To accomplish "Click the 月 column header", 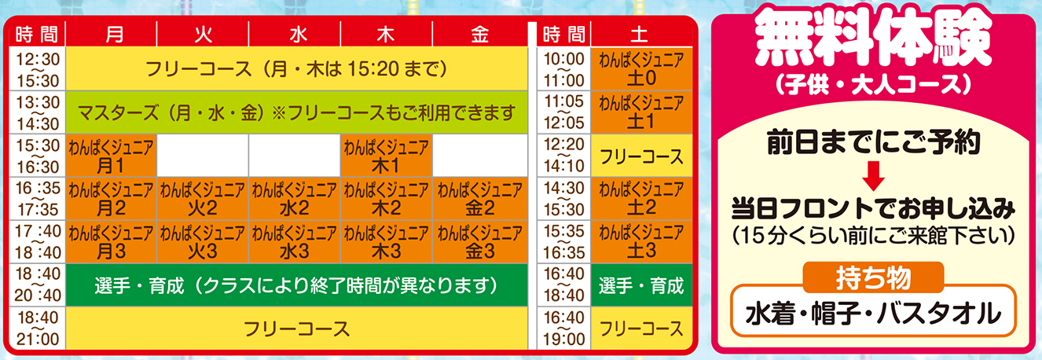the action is coord(111,34).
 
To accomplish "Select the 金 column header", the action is coord(479,34).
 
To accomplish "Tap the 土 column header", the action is coord(641,34).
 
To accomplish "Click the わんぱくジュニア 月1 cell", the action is coord(111,156).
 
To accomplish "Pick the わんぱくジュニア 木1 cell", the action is coord(386,156).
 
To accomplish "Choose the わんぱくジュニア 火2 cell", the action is coord(203,199).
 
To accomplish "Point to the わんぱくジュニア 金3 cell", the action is coord(480,242).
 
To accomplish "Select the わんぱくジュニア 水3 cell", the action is coord(295,242).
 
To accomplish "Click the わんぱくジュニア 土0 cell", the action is coord(641,69).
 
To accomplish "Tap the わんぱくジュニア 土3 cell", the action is coord(641,242).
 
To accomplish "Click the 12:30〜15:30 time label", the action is coord(38,70).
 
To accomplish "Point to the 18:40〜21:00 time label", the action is coord(38,329).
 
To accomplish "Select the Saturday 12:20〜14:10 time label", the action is coord(563,156).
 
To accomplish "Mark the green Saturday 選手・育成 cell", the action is coord(641,285).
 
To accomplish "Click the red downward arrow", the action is coord(873,176).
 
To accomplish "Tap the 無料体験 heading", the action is coord(873,39).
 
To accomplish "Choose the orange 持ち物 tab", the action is coord(873,277).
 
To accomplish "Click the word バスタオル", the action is coord(939,314).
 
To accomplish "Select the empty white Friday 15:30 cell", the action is coord(480,156).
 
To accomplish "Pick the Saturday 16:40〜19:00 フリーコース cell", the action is coord(641,329).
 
